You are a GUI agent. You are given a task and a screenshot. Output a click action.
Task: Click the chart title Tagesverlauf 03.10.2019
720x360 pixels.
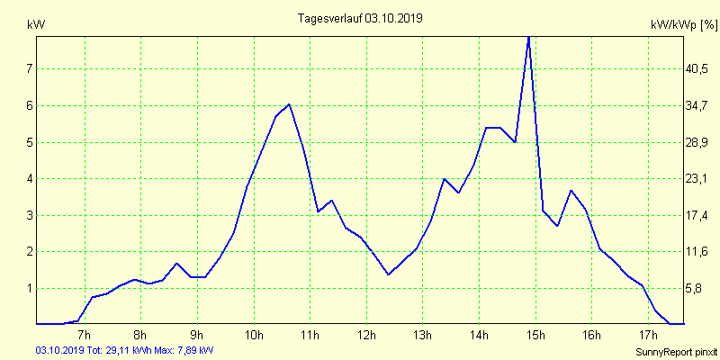[360, 18]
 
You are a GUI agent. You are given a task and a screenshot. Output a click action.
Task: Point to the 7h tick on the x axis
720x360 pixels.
[85, 336]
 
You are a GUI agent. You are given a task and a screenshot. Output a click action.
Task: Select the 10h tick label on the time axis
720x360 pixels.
[254, 336]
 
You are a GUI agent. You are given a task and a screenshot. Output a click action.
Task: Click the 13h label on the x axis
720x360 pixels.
[422, 336]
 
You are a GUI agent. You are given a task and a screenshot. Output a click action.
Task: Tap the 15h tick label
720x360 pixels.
[535, 336]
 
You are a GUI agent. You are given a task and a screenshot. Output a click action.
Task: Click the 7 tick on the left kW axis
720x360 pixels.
[29, 69]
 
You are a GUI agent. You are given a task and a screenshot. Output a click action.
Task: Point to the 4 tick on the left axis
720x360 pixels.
[29, 179]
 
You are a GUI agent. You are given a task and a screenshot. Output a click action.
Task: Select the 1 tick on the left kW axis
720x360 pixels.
[29, 289]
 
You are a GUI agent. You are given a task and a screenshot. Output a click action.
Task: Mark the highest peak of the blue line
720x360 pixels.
[528, 36]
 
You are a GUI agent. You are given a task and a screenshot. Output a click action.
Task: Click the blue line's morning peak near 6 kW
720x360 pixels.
[289, 104]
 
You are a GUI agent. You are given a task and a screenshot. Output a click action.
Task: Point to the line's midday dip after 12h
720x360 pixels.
[388, 274]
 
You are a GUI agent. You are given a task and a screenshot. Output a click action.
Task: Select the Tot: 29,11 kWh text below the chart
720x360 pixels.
[113, 350]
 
